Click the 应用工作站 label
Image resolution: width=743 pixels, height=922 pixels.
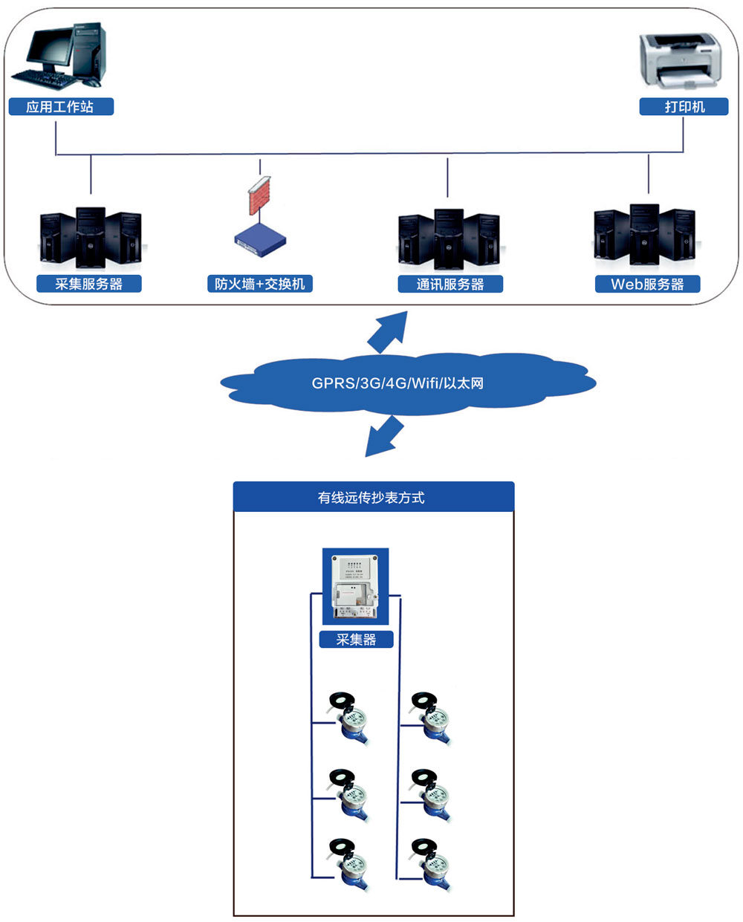coord(61,107)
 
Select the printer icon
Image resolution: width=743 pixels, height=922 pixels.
coord(681,59)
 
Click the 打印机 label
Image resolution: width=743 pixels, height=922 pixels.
coord(684,107)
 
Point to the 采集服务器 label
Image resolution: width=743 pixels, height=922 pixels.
coord(89,284)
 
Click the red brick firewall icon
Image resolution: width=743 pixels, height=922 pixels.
coord(259,196)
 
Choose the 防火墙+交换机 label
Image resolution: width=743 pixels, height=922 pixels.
coord(259,284)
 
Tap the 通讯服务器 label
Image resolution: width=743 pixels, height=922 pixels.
coord(450,284)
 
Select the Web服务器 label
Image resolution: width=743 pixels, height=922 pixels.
coord(647,284)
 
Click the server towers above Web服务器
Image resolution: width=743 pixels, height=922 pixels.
coord(644,236)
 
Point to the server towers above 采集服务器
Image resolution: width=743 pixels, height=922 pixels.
coord(90,238)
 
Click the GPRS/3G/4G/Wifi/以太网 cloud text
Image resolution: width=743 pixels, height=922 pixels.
coord(398,383)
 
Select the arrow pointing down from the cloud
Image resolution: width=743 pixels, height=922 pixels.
coord(383,437)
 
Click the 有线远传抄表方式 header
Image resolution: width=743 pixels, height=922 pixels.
coord(373,497)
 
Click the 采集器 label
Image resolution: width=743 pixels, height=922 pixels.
coord(356,640)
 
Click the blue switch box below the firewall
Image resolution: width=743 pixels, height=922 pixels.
coord(260,240)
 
